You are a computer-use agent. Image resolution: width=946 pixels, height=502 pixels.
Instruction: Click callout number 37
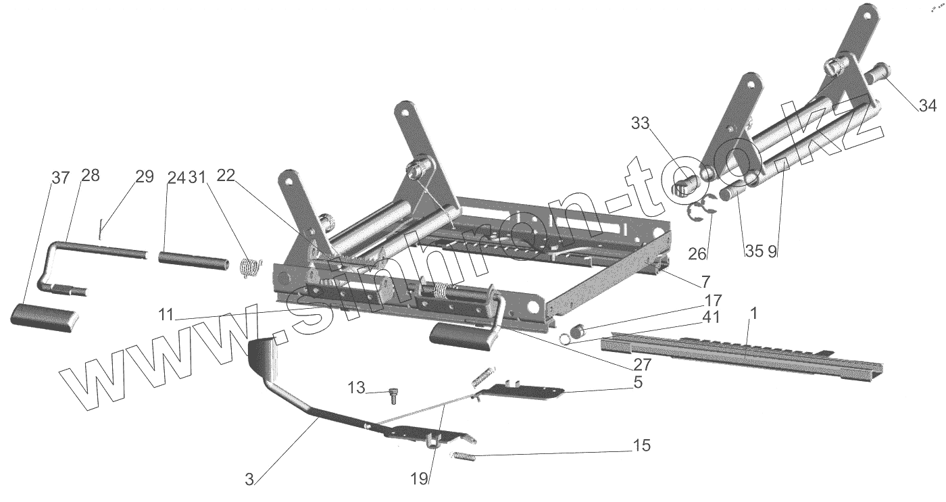(60, 178)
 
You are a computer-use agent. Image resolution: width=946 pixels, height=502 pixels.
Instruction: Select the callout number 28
(90, 176)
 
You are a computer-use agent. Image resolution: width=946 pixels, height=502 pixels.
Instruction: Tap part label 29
(145, 178)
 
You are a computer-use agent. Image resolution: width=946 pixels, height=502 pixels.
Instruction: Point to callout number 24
(176, 178)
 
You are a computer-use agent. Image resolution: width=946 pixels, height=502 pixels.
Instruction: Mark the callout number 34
(927, 105)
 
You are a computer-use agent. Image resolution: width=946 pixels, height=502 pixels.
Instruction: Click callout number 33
(641, 123)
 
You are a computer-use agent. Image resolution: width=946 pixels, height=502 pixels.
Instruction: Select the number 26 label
(697, 254)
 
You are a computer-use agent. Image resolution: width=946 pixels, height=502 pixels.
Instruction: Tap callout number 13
(357, 388)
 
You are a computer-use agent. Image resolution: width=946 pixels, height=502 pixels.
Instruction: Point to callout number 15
(641, 446)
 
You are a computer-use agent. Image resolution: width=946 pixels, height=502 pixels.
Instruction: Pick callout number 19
(420, 479)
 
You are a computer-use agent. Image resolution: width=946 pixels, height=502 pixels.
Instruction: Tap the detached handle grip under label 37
(44, 317)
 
